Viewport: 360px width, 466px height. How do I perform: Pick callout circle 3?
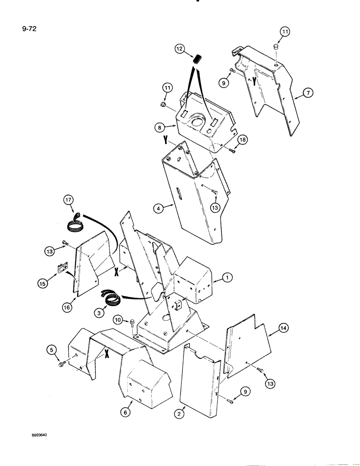(x=98, y=314)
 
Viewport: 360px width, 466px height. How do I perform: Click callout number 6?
(x=125, y=412)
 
